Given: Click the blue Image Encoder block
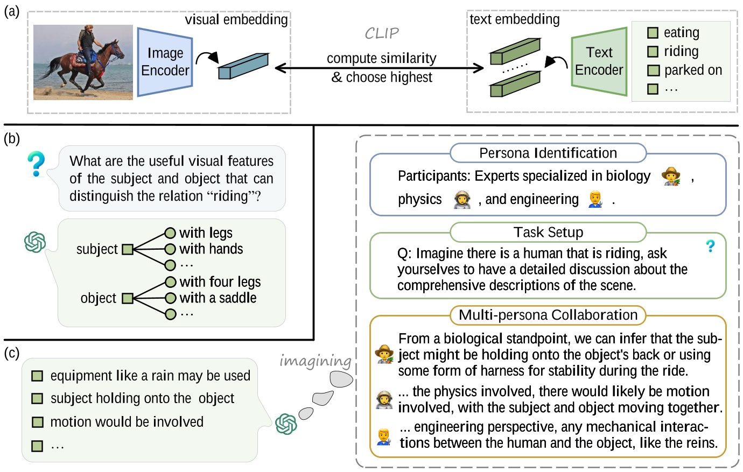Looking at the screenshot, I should (165, 62).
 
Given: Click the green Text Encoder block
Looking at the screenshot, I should (599, 61).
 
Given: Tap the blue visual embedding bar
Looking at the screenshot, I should (243, 67).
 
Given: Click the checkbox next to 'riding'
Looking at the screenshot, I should (653, 52).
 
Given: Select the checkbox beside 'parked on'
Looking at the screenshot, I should (653, 71).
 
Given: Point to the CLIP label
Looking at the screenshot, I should (381, 34).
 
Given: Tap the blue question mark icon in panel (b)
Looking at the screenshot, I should (36, 164).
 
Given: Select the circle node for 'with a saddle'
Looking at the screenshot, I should (171, 298).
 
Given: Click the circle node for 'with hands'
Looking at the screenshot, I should (170, 249).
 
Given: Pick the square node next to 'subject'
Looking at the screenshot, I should (128, 249).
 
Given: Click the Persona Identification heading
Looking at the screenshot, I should (548, 153).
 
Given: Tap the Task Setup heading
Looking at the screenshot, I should (548, 233).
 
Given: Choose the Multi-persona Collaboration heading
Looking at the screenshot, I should (548, 315).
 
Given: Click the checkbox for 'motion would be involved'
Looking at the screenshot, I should (37, 422).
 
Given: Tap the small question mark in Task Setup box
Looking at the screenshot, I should (710, 246).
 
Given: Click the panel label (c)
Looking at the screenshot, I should (11, 353).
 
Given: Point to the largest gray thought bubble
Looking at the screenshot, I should (341, 378).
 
